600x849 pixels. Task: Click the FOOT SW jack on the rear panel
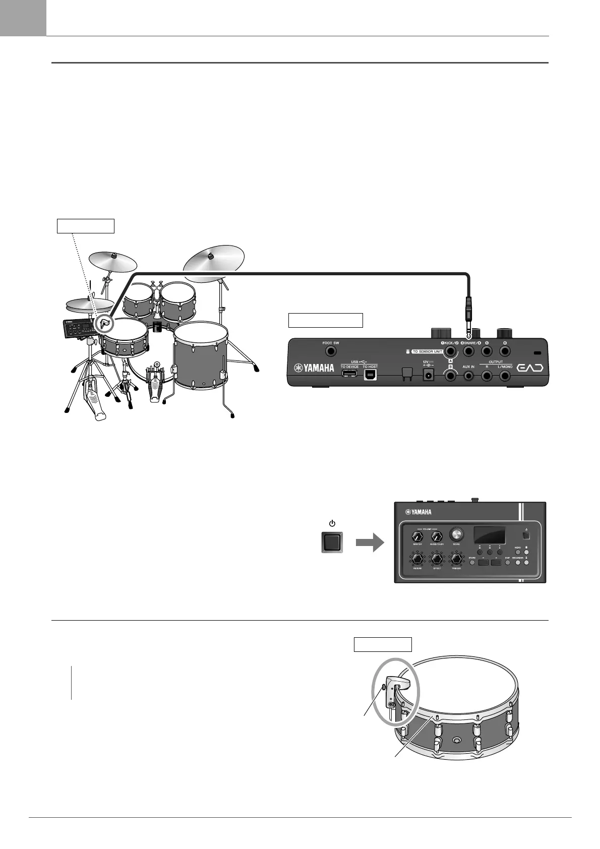[x=331, y=351]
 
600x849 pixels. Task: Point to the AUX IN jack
[x=468, y=376]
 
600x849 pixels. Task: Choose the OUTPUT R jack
[x=487, y=376]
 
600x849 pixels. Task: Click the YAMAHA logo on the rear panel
[x=314, y=368]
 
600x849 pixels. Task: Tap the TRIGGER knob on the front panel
[x=457, y=560]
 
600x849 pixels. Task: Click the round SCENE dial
[x=457, y=534]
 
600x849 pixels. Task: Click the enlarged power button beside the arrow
[x=332, y=542]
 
